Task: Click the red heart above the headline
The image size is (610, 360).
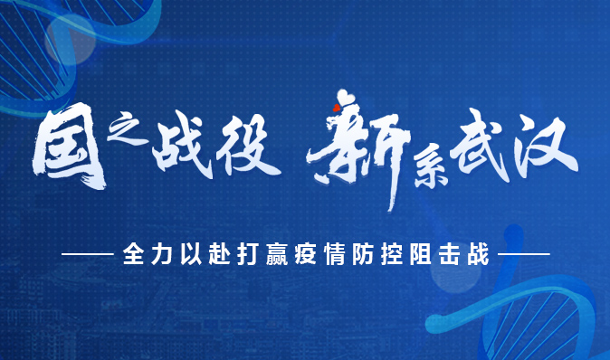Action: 336,109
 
